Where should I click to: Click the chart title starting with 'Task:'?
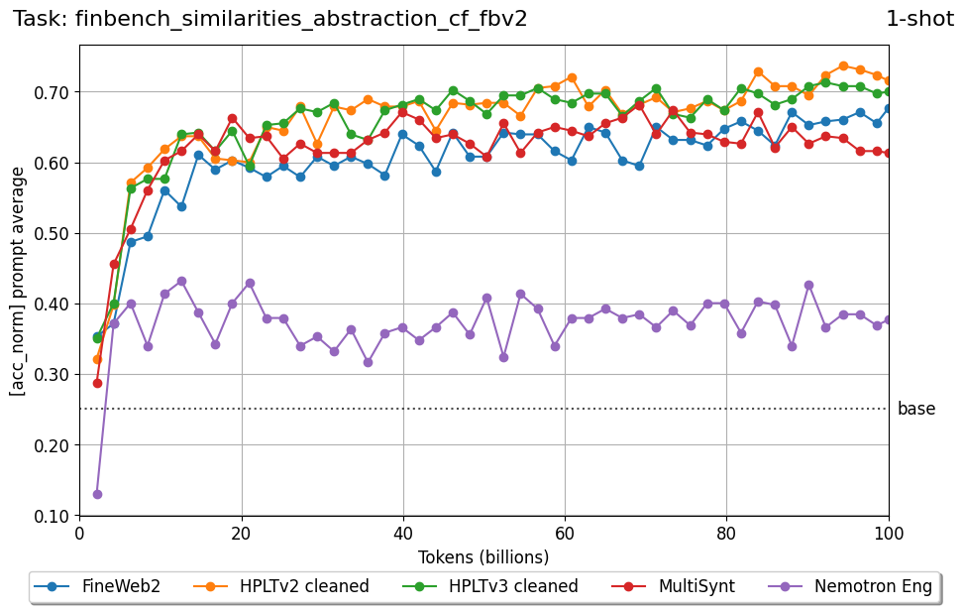(269, 19)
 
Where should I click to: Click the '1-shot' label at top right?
(918, 19)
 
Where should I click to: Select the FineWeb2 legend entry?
(97, 586)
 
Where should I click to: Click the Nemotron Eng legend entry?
(851, 586)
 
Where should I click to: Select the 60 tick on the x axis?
(565, 533)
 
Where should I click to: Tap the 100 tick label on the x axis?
(888, 533)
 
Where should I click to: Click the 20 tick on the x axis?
(242, 533)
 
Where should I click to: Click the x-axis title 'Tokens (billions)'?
(483, 557)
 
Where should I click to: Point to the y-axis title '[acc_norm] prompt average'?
(18, 281)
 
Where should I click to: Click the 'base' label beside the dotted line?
(915, 409)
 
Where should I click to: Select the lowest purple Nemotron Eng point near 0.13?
(97, 494)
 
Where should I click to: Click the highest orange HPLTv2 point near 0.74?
(843, 66)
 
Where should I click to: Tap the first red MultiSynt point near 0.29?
(97, 383)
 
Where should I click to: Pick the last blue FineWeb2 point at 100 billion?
(888, 108)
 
